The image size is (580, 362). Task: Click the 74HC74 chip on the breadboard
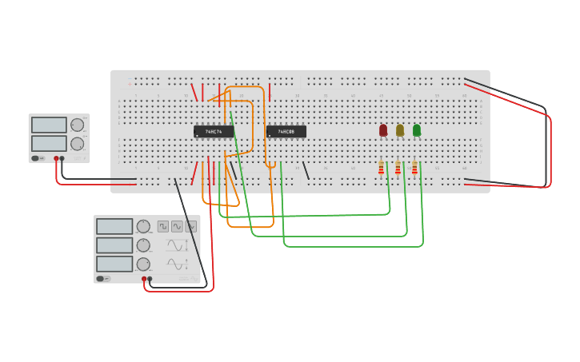coord(214,132)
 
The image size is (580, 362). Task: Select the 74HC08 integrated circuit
coord(286,132)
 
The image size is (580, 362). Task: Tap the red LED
coord(383,130)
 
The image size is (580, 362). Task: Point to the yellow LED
coord(400,130)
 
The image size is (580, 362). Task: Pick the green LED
coord(417,130)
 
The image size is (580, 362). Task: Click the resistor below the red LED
coord(381,168)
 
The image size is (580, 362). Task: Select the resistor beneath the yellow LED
coord(398,168)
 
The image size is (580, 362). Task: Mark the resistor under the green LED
coord(414,168)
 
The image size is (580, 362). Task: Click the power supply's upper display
coord(49,125)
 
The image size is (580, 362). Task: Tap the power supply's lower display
coord(49,144)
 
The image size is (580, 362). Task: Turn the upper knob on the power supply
coord(77,125)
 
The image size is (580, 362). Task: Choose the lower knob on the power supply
coord(77,144)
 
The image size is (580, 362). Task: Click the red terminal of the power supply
coord(56,158)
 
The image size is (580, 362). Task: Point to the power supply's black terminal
coord(62,158)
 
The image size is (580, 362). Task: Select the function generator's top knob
coord(143,226)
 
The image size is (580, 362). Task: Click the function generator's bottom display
coord(114,264)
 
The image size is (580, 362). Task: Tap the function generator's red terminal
coord(144,279)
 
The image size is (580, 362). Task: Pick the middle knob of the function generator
coord(143,245)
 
